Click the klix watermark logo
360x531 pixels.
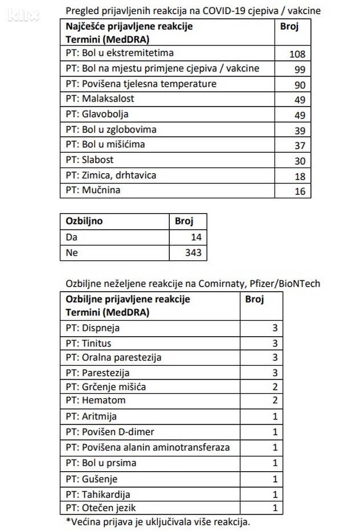(23, 14)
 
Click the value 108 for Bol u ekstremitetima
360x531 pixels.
(298, 55)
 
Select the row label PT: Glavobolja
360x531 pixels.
(97, 114)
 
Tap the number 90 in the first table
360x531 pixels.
(300, 85)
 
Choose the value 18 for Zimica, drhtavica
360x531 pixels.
(300, 176)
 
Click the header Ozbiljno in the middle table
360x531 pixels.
(84, 220)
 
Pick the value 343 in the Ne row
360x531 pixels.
(194, 252)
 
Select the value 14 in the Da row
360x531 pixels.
(197, 236)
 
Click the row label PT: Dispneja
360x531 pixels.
(93, 328)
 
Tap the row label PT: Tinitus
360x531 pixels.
(89, 343)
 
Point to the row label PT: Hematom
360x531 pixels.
(96, 400)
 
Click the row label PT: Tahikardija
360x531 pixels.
(99, 495)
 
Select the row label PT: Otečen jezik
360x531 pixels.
(101, 508)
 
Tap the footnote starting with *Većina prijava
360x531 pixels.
(158, 521)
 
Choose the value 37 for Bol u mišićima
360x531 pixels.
(300, 146)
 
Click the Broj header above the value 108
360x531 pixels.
(289, 26)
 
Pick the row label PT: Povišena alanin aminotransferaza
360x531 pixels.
(148, 447)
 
